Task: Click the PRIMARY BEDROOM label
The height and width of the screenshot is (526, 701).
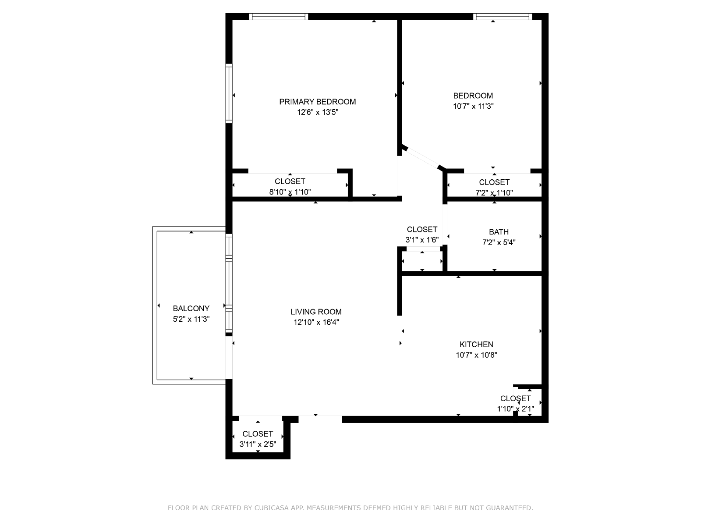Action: click(x=317, y=102)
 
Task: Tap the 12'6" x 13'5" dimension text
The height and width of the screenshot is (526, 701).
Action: click(x=318, y=112)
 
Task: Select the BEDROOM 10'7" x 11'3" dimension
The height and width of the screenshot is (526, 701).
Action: click(x=473, y=106)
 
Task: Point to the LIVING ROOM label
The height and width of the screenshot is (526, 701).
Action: click(x=316, y=312)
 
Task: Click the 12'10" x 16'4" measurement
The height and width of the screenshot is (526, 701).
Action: click(x=316, y=322)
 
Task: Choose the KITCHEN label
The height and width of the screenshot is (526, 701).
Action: click(x=476, y=344)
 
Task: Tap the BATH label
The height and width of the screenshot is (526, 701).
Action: click(x=499, y=232)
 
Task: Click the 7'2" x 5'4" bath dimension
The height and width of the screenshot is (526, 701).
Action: click(x=499, y=242)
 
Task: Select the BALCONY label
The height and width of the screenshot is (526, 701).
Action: click(x=191, y=309)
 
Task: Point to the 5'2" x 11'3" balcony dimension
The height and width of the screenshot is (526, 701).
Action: click(x=191, y=319)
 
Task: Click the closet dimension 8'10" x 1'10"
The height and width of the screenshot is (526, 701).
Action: click(x=290, y=192)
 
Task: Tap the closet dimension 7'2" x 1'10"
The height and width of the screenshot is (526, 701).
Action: click(x=494, y=193)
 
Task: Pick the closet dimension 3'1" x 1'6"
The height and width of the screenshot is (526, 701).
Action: click(x=422, y=240)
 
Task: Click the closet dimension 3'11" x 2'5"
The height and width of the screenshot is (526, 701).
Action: click(x=258, y=444)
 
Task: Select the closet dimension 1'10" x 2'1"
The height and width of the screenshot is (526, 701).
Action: click(x=515, y=409)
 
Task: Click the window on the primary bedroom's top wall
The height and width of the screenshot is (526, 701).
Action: click(x=279, y=17)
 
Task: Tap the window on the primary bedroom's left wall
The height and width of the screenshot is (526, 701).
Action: click(x=229, y=93)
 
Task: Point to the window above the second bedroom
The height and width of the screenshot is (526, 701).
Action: click(x=503, y=17)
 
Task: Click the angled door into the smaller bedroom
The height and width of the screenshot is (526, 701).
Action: click(x=421, y=158)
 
